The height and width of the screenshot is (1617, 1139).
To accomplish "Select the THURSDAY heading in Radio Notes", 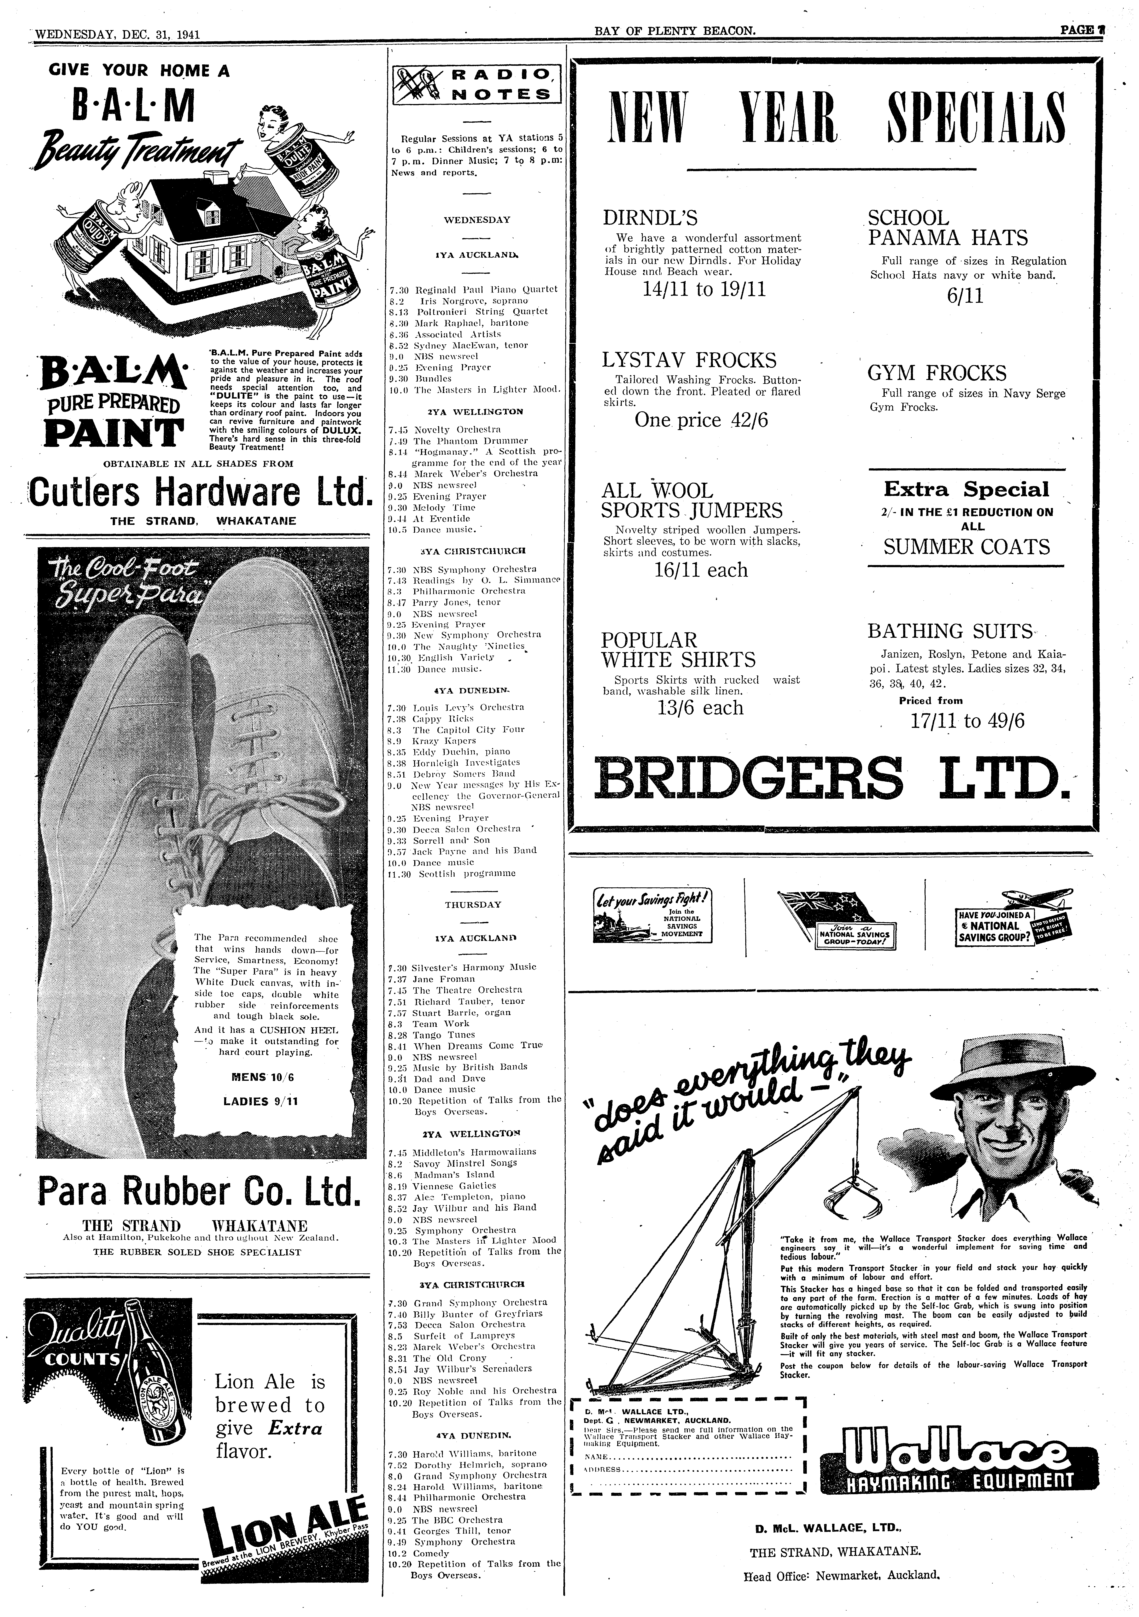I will [473, 904].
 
